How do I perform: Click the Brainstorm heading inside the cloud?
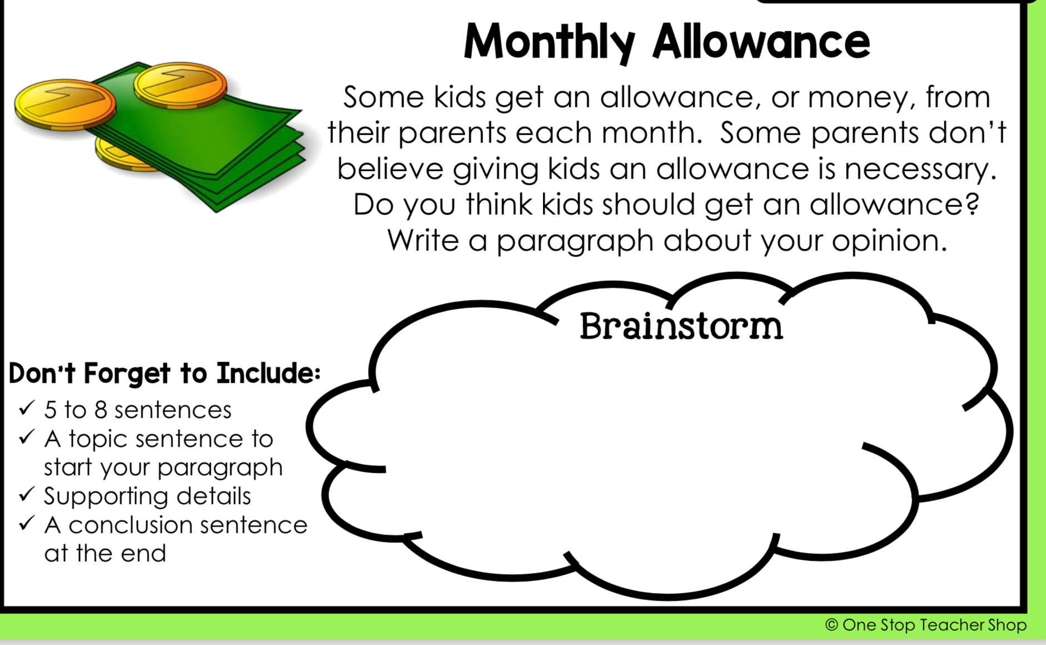tap(681, 326)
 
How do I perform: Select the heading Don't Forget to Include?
tap(165, 373)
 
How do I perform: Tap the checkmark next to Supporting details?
tap(27, 494)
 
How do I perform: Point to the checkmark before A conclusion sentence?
tap(27, 523)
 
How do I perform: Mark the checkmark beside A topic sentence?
tap(27, 436)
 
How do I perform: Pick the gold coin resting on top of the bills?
tap(181, 85)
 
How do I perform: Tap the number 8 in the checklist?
tap(101, 410)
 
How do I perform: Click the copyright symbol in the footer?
tap(831, 625)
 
